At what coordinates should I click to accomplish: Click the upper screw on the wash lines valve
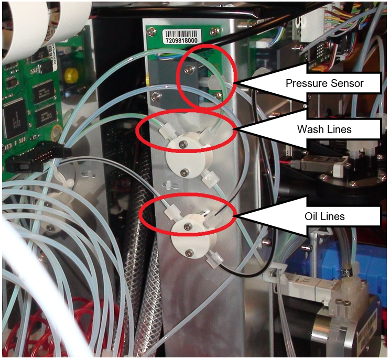tap(180, 144)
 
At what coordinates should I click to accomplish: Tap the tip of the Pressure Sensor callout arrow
tap(234, 83)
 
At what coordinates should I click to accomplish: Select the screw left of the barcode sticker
tap(151, 32)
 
